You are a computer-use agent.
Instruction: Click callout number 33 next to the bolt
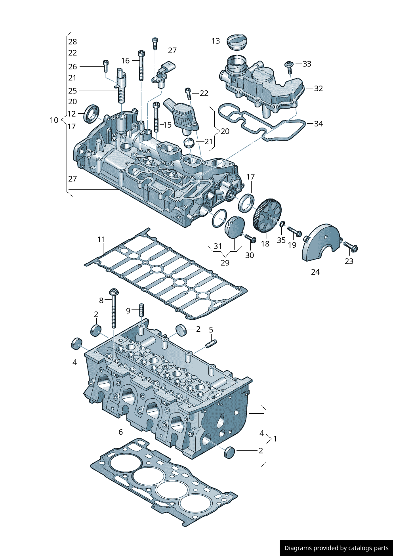tap(307, 64)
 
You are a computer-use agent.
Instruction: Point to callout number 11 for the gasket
tap(101, 239)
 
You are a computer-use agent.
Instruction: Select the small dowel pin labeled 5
tap(211, 344)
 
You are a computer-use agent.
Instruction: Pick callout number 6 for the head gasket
tap(121, 432)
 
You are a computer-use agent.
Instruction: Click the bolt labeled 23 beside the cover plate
tap(351, 247)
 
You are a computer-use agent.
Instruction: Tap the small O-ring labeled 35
tap(282, 225)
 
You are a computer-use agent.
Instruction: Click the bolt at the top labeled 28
tap(155, 43)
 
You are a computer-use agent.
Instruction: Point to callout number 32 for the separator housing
tap(319, 88)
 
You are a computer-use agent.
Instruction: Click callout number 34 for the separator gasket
tap(319, 124)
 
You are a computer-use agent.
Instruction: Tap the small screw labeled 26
tap(105, 66)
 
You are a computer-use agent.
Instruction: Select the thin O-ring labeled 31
tap(219, 219)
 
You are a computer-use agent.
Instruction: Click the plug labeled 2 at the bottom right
tap(230, 452)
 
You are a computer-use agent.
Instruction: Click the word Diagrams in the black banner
tap(298, 548)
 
